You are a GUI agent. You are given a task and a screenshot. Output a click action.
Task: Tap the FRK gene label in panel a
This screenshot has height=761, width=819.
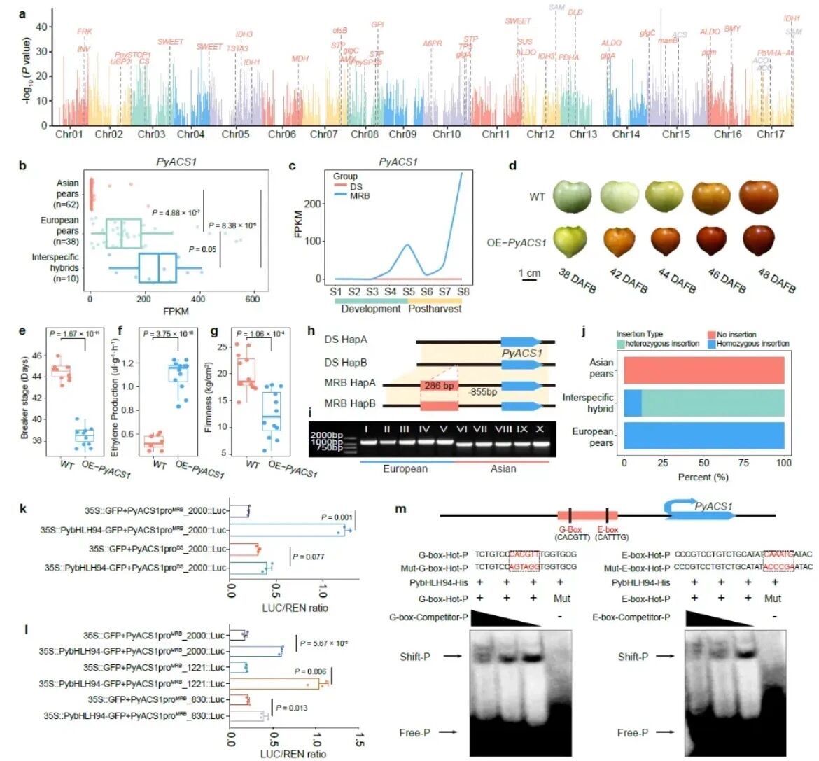(x=84, y=32)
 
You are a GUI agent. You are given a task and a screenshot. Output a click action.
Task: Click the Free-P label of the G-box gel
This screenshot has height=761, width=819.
(x=415, y=732)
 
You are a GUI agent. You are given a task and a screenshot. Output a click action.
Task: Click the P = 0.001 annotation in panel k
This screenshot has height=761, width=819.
(x=336, y=517)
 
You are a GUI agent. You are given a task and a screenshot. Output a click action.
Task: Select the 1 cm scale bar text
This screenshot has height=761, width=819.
(x=529, y=272)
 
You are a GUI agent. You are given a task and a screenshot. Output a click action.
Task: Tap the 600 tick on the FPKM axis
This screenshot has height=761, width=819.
(x=252, y=299)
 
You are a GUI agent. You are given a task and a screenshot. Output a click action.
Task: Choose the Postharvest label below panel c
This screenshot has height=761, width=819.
(x=434, y=308)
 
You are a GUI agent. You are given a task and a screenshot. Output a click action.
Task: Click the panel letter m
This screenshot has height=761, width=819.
(x=401, y=508)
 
